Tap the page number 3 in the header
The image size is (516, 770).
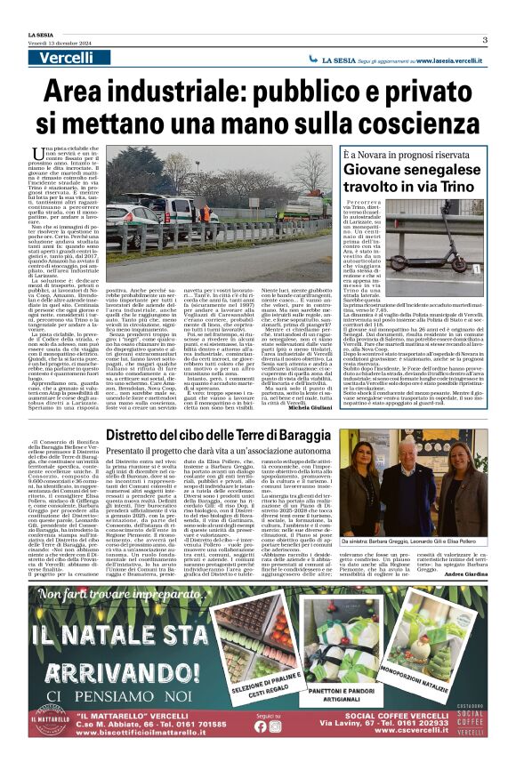pyautogui.click(x=485, y=40)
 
